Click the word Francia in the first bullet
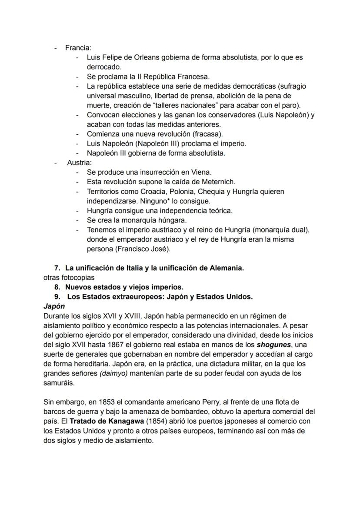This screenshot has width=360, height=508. [78, 48]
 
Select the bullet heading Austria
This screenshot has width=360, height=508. [79, 163]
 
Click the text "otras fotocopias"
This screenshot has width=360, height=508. [69, 278]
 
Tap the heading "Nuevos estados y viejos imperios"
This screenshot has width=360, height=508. [124, 287]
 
